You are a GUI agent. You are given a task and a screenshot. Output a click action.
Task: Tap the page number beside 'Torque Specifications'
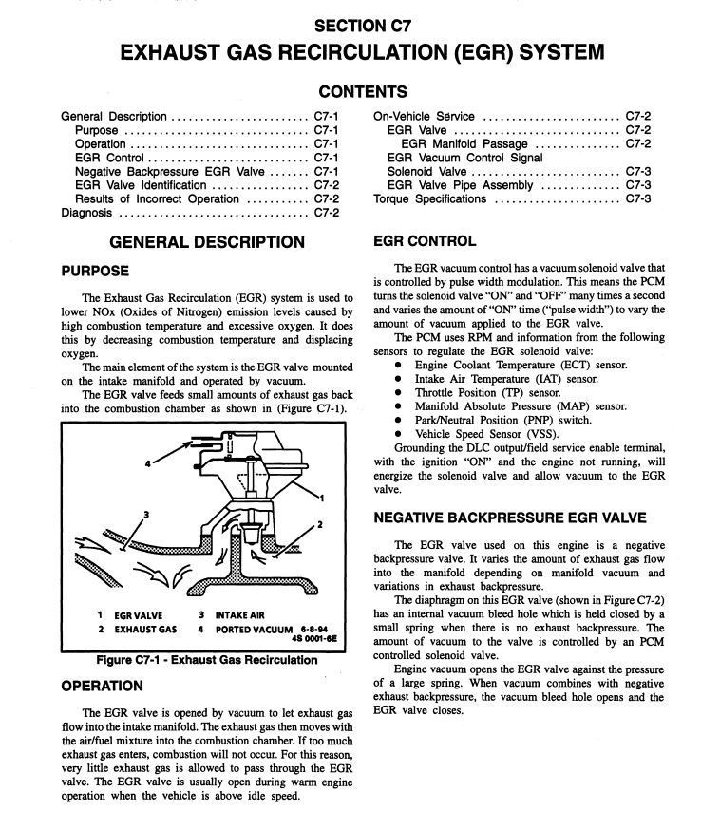(637, 198)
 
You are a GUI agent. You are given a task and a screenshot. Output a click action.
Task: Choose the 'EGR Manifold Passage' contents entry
(464, 143)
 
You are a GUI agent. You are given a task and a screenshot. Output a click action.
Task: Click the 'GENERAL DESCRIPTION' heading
(207, 242)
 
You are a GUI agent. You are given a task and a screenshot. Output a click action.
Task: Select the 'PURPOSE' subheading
(95, 271)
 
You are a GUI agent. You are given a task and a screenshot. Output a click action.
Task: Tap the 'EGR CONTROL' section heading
(425, 241)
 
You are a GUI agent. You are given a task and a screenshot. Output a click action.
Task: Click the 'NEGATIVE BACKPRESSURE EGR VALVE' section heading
(511, 518)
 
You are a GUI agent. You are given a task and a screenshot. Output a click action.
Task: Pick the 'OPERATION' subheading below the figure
(103, 686)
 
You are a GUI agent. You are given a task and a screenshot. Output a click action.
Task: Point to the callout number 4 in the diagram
(148, 462)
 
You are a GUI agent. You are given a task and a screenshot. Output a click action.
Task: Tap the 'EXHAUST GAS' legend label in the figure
(145, 629)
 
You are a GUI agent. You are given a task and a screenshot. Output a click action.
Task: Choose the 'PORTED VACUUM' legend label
(250, 629)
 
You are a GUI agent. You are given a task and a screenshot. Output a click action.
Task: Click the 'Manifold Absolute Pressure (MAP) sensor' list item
(507, 405)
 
